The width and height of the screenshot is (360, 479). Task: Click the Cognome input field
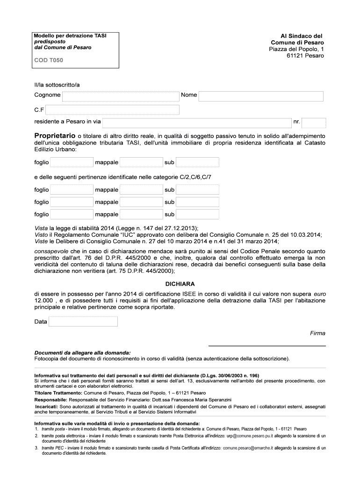120,96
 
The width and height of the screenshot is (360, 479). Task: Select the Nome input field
261,96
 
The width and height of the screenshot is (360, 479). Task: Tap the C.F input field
112,110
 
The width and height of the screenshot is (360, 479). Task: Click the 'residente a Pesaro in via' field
196,123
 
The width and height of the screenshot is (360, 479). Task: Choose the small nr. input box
314,123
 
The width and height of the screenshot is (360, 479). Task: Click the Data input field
83,321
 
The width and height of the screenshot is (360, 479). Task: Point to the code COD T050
49,60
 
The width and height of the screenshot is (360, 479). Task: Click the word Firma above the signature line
317,334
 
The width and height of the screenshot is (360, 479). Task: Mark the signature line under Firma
266,346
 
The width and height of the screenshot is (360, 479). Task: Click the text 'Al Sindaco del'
301,36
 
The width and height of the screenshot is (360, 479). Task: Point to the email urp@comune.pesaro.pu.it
250,435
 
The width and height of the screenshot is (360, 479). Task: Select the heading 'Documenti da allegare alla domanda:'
83,353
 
